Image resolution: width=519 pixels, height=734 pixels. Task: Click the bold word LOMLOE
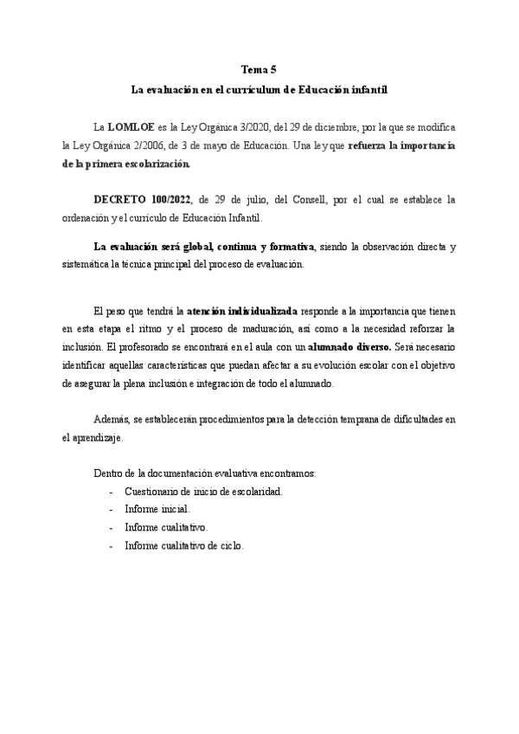131,126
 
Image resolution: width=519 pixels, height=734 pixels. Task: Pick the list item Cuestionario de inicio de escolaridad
203,492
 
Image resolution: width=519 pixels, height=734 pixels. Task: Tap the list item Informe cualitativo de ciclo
183,546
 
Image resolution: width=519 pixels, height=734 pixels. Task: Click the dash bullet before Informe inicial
112,510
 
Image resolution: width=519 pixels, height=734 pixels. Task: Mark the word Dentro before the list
108,473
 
